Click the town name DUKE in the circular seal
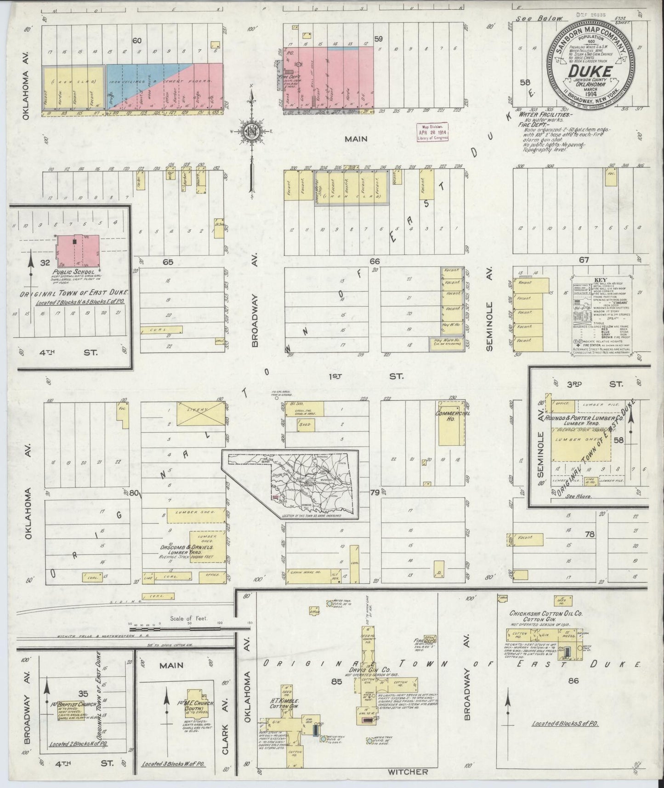click(590, 72)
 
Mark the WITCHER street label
click(408, 771)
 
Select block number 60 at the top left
click(136, 41)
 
